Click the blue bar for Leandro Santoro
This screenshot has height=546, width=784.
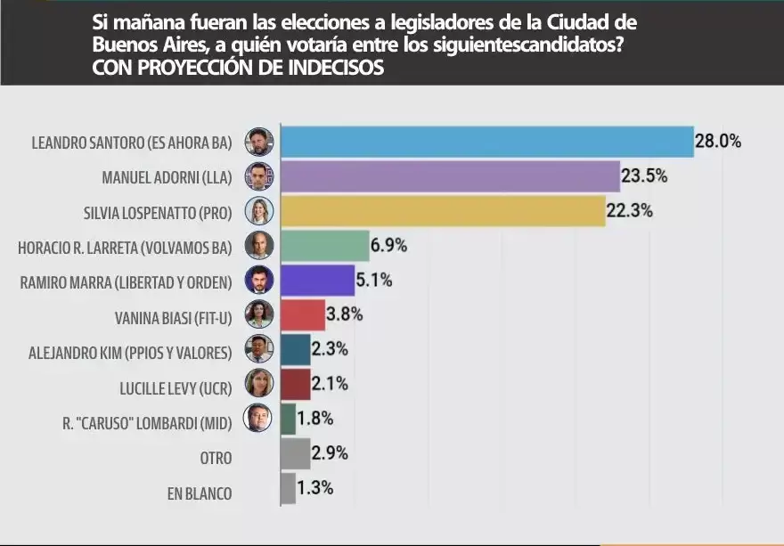(487, 142)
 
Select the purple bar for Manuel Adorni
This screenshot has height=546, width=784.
(450, 176)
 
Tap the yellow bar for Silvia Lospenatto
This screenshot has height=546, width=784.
(443, 211)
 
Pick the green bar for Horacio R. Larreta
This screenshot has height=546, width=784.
(324, 245)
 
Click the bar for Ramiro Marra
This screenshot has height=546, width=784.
(317, 280)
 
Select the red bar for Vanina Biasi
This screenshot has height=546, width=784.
(303, 314)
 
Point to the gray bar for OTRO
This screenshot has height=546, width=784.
(295, 454)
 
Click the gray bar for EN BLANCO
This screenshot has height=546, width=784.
(288, 489)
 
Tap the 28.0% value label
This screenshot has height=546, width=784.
(718, 142)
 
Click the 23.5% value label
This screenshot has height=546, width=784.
(644, 176)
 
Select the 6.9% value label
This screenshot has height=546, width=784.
(389, 245)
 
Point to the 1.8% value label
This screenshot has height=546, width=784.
(315, 418)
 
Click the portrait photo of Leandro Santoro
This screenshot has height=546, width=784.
(259, 142)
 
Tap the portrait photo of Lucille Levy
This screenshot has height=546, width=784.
(259, 384)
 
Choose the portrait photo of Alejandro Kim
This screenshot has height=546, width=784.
(259, 349)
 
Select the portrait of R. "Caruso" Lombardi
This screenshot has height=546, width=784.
(259, 419)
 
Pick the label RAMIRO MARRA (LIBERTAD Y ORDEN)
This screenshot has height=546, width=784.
(126, 281)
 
